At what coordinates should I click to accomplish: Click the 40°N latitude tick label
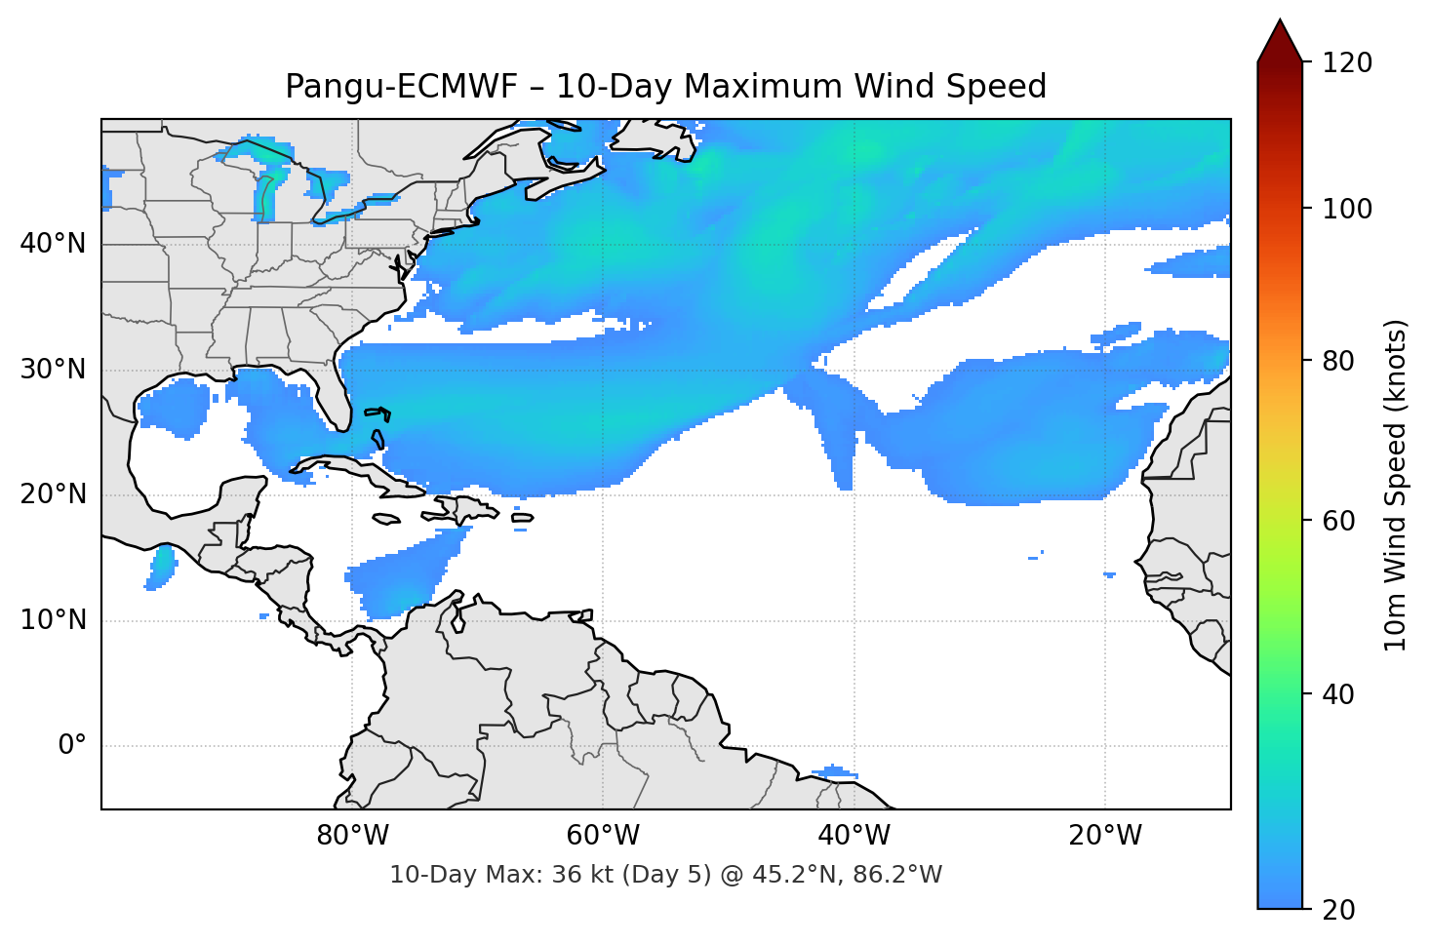53,244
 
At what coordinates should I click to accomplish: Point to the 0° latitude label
72,746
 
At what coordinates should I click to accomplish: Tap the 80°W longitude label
352,836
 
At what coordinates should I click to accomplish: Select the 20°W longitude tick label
1105,836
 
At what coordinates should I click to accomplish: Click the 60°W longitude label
603,836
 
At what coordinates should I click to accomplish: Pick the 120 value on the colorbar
1347,63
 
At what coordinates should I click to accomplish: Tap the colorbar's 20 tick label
1338,910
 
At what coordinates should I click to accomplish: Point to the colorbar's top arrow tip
1280,20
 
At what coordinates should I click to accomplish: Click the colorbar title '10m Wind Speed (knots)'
1396,485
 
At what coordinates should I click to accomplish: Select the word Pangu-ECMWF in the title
402,87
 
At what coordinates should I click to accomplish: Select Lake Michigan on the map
264,195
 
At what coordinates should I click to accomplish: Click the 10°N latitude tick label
53,620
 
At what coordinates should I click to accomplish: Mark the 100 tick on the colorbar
1347,209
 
